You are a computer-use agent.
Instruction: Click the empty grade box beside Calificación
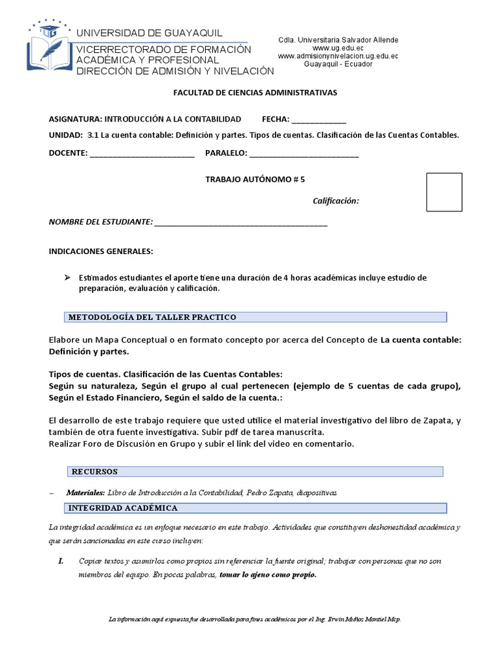tap(444, 192)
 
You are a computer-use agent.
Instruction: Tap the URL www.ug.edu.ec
tap(338, 48)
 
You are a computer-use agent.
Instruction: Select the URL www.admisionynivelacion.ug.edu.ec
tap(338, 56)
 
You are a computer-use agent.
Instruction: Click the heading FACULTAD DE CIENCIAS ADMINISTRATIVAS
tap(255, 92)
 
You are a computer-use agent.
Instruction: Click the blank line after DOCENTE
tap(142, 155)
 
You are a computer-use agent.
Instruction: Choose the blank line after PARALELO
tap(304, 155)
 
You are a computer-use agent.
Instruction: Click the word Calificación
tap(336, 201)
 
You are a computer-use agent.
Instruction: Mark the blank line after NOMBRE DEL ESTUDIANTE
tap(241, 224)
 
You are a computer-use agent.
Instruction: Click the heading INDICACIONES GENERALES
tap(101, 251)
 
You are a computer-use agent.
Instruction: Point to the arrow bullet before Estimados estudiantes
tap(66, 277)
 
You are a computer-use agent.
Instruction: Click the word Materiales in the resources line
tap(85, 493)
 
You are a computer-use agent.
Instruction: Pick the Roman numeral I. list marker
tap(61, 561)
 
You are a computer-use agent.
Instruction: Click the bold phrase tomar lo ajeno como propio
tap(269, 575)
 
